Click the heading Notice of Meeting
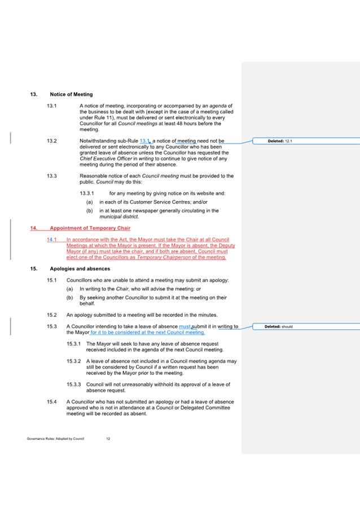coord(71,94)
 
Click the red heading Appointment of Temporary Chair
coord(90,228)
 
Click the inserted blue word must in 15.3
coord(185,326)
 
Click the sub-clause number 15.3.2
coord(74,360)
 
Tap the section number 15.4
coord(52,401)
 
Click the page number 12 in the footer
coord(108,439)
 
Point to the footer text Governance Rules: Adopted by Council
coord(55,439)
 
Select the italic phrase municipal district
coord(119,217)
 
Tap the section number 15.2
coord(52,314)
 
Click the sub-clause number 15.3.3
coord(74,385)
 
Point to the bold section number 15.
coord(33,269)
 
